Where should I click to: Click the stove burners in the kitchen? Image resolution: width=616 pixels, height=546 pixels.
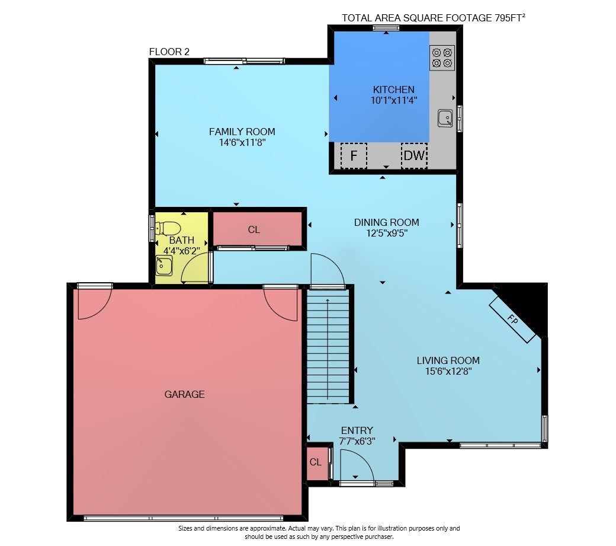coord(442,58)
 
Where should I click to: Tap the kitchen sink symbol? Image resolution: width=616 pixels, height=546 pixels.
coord(445,118)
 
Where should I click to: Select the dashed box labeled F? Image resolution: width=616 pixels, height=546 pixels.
coord(354,156)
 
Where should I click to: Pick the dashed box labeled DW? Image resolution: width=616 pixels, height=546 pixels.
coord(414,156)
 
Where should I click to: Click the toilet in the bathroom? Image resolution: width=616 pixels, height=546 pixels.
coord(168,228)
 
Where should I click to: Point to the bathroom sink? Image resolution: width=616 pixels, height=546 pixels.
coord(164,266)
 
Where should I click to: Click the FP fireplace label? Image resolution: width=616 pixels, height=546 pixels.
coord(512,320)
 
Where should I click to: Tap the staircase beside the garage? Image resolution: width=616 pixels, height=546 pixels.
coord(328,346)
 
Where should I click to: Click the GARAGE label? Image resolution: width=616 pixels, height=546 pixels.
coord(185,394)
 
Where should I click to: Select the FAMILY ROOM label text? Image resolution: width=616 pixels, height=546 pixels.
coord(242,132)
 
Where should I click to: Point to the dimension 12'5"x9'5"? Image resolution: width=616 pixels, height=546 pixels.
coord(387,233)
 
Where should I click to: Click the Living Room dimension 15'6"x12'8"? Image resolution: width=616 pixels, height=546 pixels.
coord(448,371)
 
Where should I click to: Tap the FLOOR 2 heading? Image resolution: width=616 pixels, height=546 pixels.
coord(169,52)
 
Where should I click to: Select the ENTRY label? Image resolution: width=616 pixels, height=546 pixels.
coord(357,430)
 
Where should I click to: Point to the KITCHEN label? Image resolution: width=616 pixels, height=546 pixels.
coord(394,90)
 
